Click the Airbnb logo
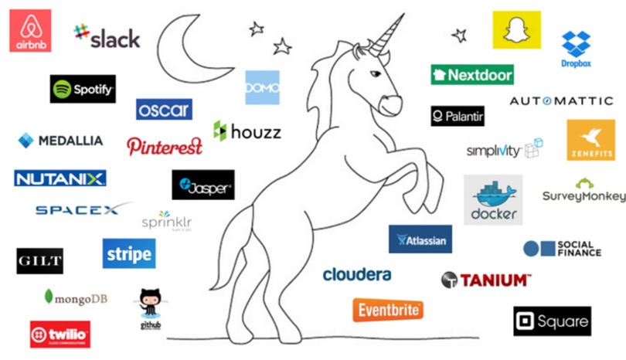pyautogui.click(x=29, y=30)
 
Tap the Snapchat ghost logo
pyautogui.click(x=516, y=30)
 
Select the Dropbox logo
pyautogui.click(x=577, y=48)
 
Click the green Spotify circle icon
pyautogui.click(x=63, y=90)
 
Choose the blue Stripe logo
pyautogui.click(x=128, y=253)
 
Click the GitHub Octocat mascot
pyautogui.click(x=150, y=304)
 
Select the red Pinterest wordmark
pyautogui.click(x=165, y=145)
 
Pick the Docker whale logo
pyautogui.click(x=492, y=199)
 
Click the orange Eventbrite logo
pyautogui.click(x=389, y=310)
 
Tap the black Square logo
pyautogui.click(x=552, y=321)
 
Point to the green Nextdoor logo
pyautogui.click(x=472, y=75)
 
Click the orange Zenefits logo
pyautogui.click(x=590, y=139)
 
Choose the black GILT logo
pyautogui.click(x=39, y=261)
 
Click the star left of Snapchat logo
pyautogui.click(x=460, y=36)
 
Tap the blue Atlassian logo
pyautogui.click(x=420, y=239)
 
